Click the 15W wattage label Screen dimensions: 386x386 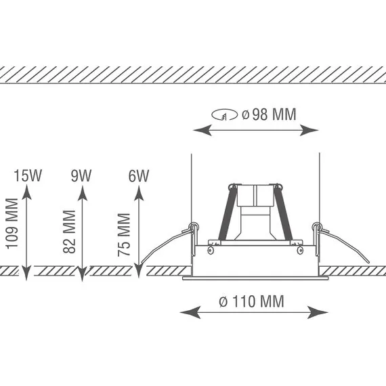28,175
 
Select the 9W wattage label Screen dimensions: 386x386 81,175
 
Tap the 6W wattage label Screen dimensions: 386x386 139,176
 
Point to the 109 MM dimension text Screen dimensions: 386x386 12,223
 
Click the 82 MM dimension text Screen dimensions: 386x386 69,232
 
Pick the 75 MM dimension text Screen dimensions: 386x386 123,235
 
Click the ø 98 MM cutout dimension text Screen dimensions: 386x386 269,114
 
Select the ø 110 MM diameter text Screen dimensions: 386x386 251,301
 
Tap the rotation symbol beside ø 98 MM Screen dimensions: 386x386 225,115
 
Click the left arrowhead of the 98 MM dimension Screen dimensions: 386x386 202,130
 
